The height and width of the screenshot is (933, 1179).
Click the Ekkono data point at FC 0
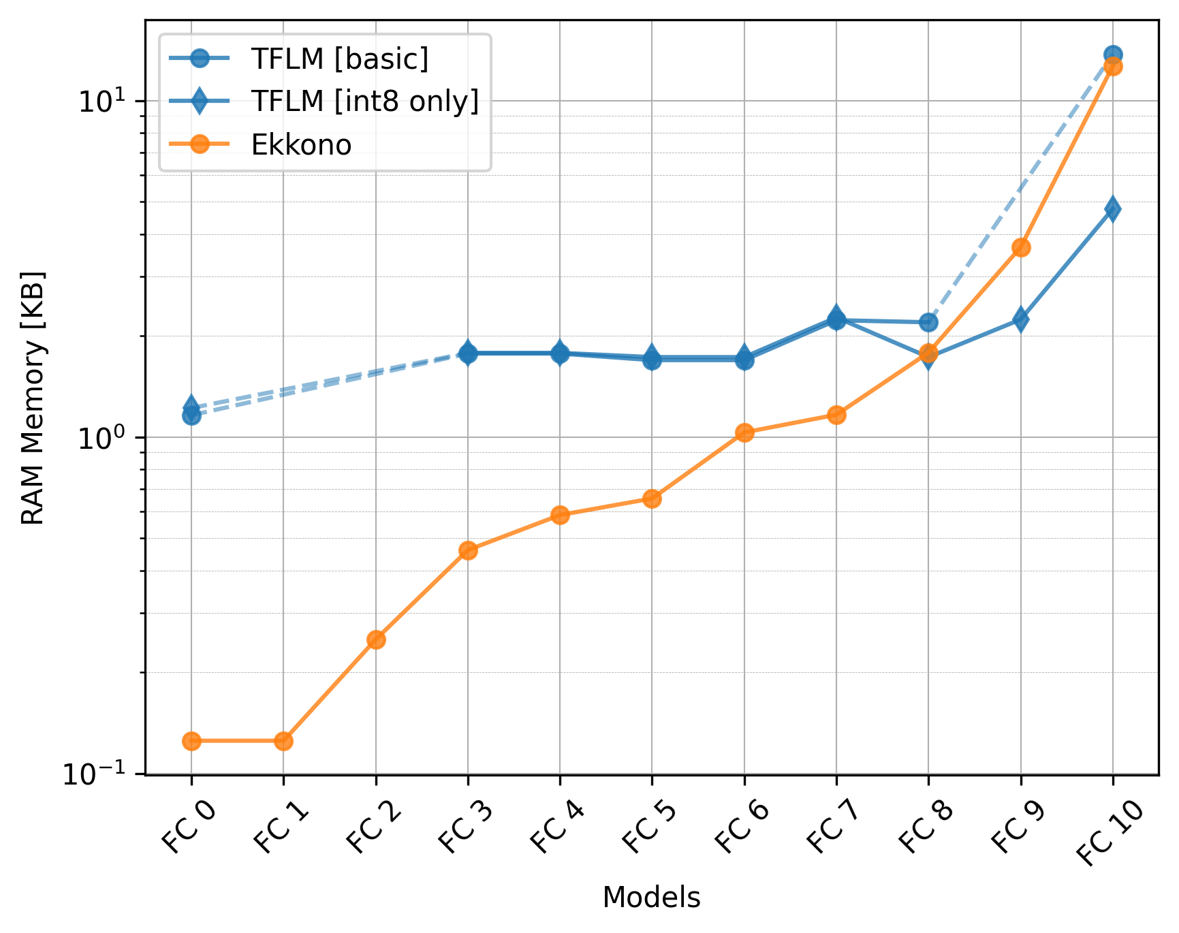[x=191, y=741]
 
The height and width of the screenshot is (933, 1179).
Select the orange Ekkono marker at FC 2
[x=376, y=639]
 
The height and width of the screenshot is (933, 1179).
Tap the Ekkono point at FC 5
[x=652, y=499]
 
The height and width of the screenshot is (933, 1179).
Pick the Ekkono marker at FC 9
[x=1020, y=247]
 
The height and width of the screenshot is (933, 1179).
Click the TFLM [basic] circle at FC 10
[x=1113, y=55]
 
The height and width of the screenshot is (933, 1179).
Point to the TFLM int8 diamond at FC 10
[x=1113, y=208]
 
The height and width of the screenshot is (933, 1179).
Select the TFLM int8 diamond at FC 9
[x=1020, y=319]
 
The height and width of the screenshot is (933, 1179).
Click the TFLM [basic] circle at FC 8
[x=928, y=322]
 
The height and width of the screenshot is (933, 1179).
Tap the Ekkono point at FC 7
[x=836, y=415]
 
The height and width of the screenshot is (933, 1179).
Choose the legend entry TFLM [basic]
[x=339, y=59]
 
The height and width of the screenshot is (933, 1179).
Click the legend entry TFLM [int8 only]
[x=364, y=101]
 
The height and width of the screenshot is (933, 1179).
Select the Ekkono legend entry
[x=301, y=144]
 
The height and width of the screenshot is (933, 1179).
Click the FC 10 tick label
[x=1108, y=834]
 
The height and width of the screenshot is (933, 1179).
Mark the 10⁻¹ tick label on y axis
[x=100, y=774]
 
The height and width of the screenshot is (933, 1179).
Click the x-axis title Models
[x=651, y=898]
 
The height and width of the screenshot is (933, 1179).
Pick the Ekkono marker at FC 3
[x=468, y=550]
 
